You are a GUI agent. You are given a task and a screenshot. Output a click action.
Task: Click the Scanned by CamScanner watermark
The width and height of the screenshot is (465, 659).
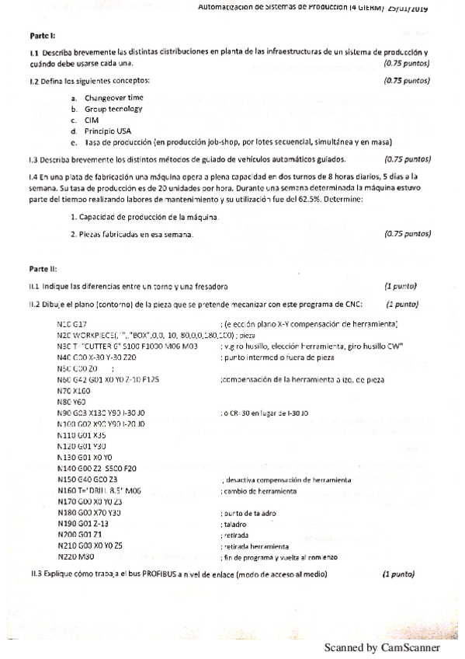point(381,647)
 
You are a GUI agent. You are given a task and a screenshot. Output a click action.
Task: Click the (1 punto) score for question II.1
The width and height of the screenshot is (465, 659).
point(401,286)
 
